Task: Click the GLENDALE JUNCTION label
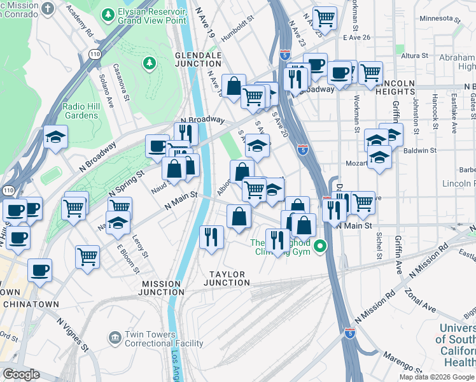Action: click(x=198, y=60)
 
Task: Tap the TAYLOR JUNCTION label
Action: click(x=227, y=278)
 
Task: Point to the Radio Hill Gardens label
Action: click(x=80, y=111)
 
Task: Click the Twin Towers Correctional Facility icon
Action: click(x=115, y=336)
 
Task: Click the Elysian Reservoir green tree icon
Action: click(x=109, y=13)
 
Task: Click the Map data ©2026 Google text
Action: click(x=437, y=377)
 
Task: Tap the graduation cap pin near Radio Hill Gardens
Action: click(x=56, y=138)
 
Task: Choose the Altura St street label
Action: click(x=414, y=56)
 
